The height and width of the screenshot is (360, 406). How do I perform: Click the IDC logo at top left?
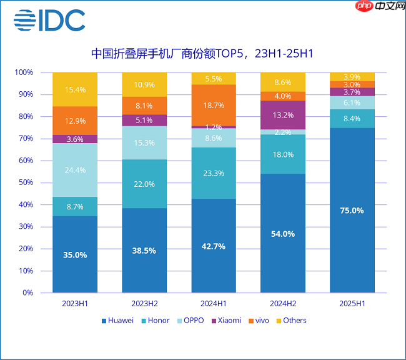(50, 20)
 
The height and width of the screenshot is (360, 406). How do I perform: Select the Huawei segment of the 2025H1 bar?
(352, 210)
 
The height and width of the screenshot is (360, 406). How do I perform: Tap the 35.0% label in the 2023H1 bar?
(75, 254)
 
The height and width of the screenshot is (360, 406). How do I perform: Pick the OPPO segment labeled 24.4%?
(75, 170)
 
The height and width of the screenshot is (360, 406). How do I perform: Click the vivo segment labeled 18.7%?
(214, 105)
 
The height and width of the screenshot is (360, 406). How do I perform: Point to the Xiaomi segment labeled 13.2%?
(283, 115)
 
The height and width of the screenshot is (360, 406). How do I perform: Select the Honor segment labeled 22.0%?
(144, 184)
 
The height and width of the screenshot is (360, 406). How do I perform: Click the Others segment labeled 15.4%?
(75, 89)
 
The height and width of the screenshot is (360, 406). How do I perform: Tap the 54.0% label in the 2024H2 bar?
(283, 233)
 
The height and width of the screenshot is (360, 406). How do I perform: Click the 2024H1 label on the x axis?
(214, 303)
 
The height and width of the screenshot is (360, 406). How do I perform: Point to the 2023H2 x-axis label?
(144, 303)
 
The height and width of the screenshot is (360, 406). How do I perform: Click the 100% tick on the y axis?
(23, 72)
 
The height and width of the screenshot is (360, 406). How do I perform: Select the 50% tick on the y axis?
(25, 182)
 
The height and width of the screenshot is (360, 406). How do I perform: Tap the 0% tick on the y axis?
(27, 292)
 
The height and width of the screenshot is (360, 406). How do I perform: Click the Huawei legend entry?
(117, 321)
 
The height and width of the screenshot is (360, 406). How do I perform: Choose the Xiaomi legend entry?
(225, 321)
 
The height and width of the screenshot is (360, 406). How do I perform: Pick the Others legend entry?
(290, 321)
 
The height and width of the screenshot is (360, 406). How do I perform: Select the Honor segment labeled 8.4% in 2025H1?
(352, 119)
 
